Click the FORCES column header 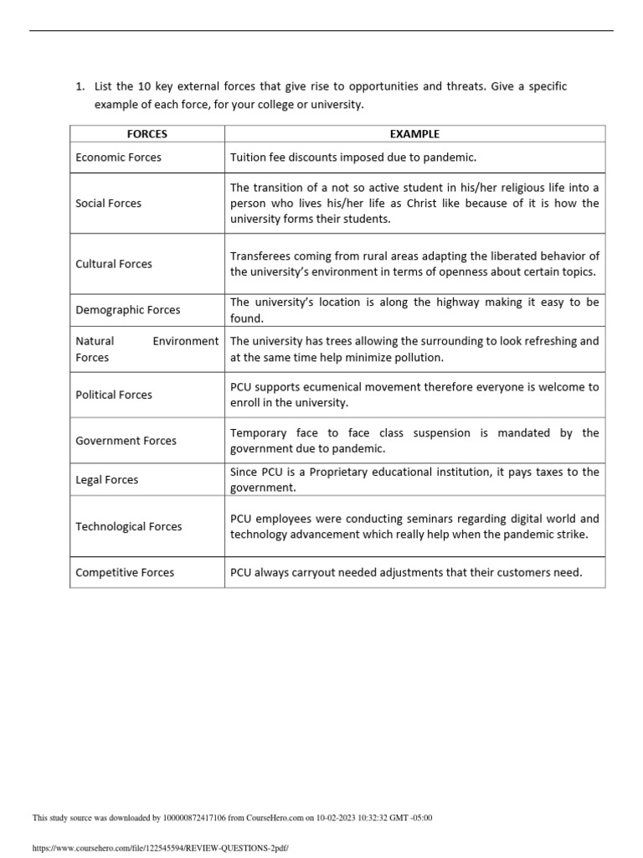147,134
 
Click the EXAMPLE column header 414,134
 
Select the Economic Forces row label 118,158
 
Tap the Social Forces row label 108,204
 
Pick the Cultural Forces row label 114,264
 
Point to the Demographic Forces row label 127,310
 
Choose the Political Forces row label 114,395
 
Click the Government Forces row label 125,441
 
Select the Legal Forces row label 106,480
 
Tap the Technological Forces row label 128,527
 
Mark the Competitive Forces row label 125,573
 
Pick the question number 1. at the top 80,87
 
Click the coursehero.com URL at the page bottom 160,848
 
